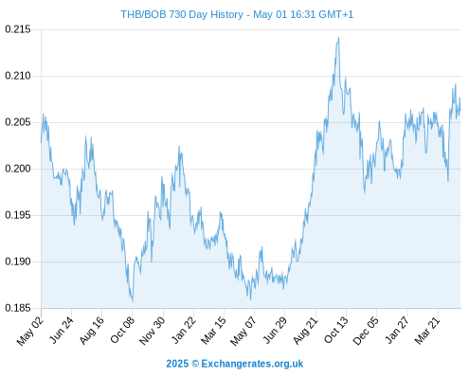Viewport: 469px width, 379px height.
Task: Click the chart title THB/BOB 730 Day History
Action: coord(182,14)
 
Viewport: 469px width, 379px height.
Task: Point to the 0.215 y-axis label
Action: coord(18,29)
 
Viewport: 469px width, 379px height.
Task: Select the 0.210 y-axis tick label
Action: coord(18,76)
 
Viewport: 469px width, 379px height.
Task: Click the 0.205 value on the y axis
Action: coord(18,122)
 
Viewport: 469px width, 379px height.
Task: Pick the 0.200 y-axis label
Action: coord(18,169)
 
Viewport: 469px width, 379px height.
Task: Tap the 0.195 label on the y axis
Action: coord(18,215)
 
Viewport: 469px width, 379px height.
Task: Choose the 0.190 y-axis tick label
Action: coord(18,262)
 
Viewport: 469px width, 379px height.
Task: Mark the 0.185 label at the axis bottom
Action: coord(18,308)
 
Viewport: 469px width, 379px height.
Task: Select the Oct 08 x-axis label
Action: coord(122,330)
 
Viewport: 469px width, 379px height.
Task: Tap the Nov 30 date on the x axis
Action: coord(152,331)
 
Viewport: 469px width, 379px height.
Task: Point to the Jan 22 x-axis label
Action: coord(184,330)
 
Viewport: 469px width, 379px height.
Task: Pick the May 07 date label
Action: coord(243,331)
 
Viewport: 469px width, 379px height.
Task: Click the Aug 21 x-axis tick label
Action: coord(305,330)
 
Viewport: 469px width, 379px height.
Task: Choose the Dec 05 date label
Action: coord(366,331)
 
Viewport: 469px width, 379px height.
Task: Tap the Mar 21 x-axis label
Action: coord(427,330)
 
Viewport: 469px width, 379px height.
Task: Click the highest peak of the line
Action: coord(338,38)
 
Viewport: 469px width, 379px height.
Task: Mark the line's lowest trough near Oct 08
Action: coord(133,301)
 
